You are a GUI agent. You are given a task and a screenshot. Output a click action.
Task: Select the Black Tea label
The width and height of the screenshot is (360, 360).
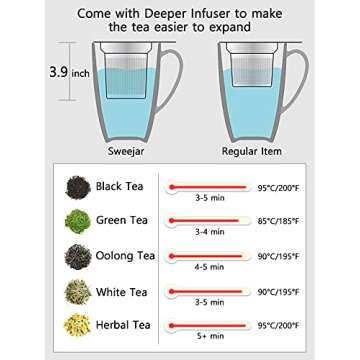tap(122, 186)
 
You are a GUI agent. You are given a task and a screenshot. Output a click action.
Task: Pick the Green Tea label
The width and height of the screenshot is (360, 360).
tap(123, 220)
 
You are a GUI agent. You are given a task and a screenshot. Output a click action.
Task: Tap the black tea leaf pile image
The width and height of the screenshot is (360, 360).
tap(78, 187)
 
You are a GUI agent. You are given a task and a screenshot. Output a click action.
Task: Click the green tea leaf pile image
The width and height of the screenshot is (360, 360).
tap(78, 221)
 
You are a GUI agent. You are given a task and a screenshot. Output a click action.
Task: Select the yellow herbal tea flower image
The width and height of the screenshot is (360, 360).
tap(78, 325)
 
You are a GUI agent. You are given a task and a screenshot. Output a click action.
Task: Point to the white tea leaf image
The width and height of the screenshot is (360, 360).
tap(78, 291)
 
